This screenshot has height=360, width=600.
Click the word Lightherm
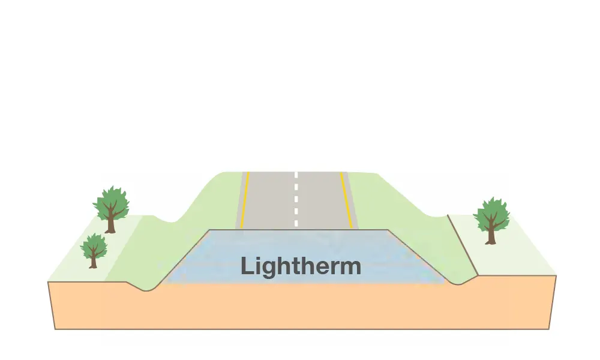(x=301, y=266)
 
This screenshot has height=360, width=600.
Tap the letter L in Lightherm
(x=246, y=266)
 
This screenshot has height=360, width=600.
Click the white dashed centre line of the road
(x=296, y=201)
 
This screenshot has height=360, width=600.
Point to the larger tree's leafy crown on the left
(x=111, y=201)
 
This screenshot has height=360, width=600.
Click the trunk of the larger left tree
(x=110, y=224)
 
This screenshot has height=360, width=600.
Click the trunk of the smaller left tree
(x=93, y=262)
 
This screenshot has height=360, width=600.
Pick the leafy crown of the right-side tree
(x=491, y=212)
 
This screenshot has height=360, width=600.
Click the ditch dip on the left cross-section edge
(x=147, y=289)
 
